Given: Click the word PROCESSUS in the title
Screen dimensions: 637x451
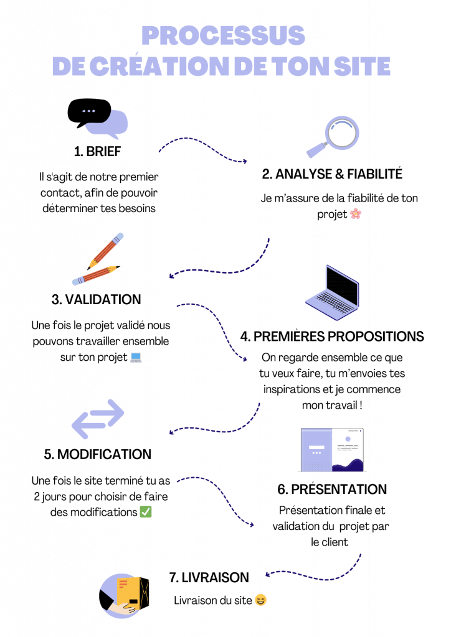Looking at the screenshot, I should click(x=222, y=36).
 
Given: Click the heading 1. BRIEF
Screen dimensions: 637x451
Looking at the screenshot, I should click(x=97, y=151).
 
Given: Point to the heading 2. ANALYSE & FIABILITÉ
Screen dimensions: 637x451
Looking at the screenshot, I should click(x=332, y=174).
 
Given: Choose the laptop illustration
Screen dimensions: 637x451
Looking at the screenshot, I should click(x=333, y=293).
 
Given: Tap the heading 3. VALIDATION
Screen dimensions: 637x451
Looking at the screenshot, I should click(x=97, y=299).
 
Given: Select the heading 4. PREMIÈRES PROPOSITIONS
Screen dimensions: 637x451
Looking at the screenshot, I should click(x=332, y=337).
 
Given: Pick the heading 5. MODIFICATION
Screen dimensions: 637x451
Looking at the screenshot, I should click(x=98, y=454).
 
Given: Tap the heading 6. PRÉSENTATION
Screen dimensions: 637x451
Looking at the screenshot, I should click(x=332, y=490).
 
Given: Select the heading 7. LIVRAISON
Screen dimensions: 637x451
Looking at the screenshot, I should click(x=209, y=577).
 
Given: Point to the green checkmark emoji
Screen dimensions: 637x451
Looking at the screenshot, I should click(x=146, y=512).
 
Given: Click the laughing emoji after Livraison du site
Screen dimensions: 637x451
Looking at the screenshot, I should click(x=260, y=600).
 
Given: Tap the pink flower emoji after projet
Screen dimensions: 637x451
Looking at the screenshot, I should click(x=355, y=214).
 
